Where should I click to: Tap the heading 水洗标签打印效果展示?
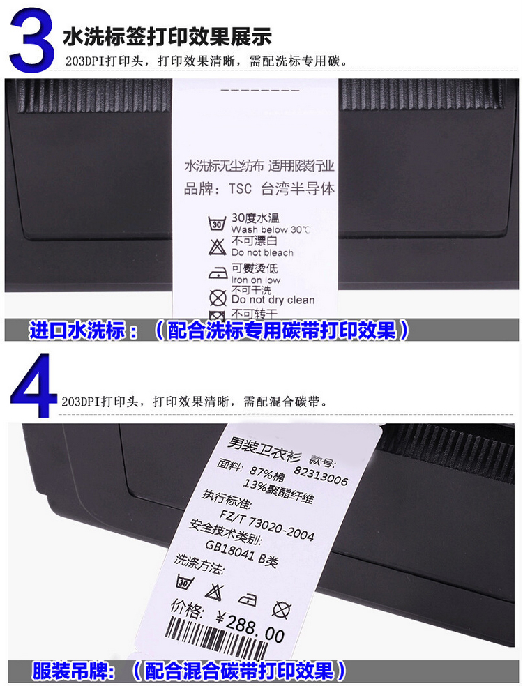pyautogui.click(x=167, y=36)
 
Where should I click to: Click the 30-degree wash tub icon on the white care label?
pyautogui.click(x=217, y=224)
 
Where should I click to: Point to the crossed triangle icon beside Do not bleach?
pyautogui.click(x=217, y=246)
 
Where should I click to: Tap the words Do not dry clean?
pyautogui.click(x=273, y=300)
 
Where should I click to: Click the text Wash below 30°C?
pyautogui.click(x=271, y=229)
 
